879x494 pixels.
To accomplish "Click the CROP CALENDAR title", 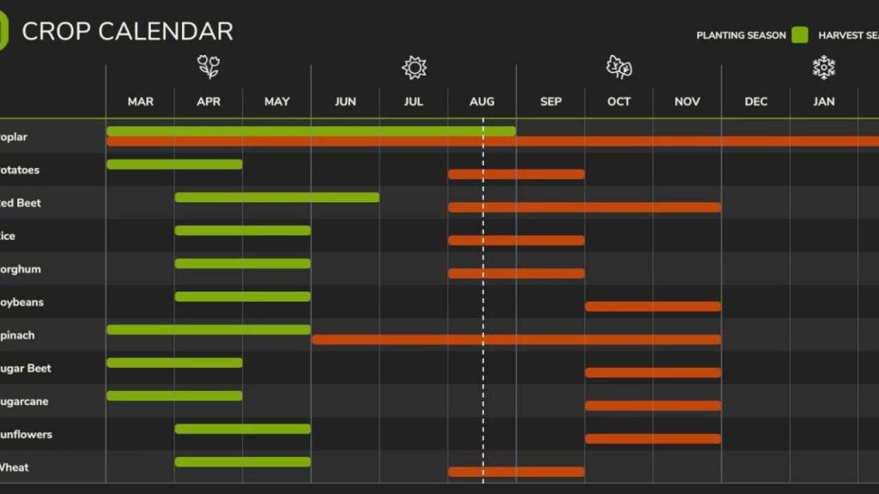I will [127, 32].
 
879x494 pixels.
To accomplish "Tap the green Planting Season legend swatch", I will [800, 35].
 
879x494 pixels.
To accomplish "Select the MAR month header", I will [140, 101].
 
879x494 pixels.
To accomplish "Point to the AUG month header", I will [482, 101].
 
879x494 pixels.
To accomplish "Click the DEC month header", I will [755, 101].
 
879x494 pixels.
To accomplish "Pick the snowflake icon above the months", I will [824, 67].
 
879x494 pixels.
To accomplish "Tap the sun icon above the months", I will [414, 67].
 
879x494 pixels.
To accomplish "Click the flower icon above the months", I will [208, 67].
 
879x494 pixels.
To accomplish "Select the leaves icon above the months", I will [619, 67].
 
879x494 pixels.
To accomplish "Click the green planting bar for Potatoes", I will [174, 164].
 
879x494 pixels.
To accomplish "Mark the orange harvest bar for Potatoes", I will [516, 174].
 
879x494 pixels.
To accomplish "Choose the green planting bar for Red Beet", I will [276, 197].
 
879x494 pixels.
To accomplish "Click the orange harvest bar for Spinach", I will [516, 340].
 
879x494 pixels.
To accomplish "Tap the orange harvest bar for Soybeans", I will [652, 306].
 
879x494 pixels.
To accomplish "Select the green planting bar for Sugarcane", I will [174, 395].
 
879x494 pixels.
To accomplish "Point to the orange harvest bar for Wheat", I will [516, 472].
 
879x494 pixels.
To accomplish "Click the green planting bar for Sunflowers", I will [242, 429].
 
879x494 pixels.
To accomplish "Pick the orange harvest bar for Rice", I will [516, 240].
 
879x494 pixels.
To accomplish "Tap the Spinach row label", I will [17, 335].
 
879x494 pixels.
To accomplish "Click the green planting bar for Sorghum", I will [242, 263].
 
